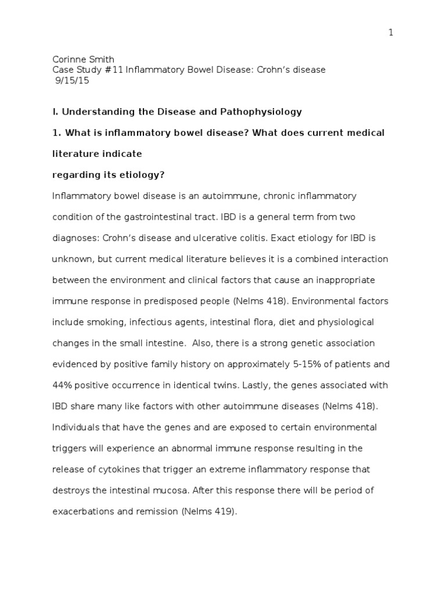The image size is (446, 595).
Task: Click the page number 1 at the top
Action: coord(391,33)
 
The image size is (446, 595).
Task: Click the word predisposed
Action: coord(171,301)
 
